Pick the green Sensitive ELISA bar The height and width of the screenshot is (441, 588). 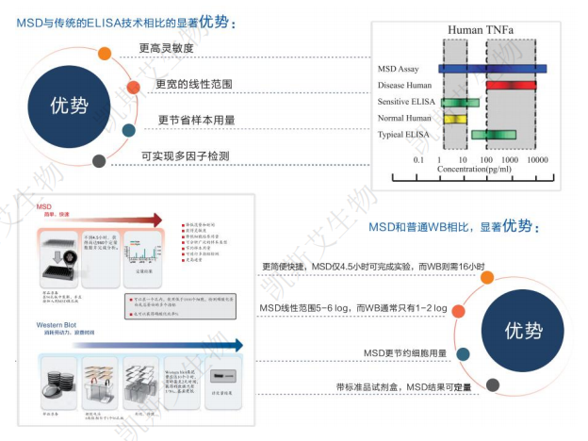460,102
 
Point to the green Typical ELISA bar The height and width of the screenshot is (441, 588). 494,135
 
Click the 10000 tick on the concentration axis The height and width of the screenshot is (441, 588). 537,160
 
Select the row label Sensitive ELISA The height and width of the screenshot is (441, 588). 406,102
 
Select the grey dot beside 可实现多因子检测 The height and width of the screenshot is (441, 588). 99,161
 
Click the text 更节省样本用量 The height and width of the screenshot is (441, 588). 196,121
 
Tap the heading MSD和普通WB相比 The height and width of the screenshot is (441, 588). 451,227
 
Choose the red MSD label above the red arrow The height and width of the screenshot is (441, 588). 43,204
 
